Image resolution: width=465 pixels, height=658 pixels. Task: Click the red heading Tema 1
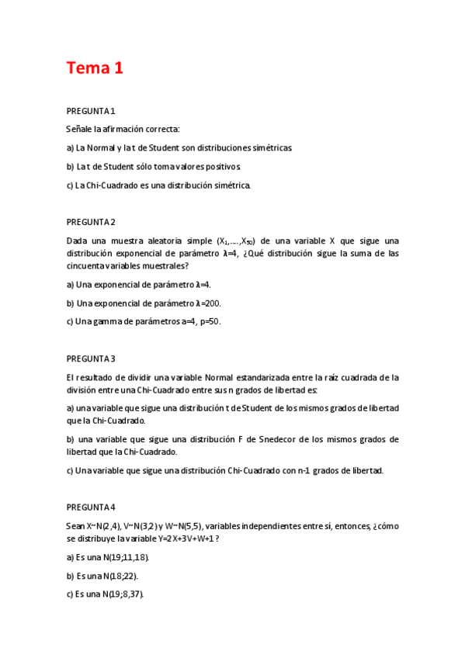pyautogui.click(x=95, y=68)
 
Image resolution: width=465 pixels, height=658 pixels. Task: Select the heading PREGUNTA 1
pyautogui.click(x=91, y=112)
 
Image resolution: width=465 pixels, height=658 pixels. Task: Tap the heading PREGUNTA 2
pyautogui.click(x=91, y=222)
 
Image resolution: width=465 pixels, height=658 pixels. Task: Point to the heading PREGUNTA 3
pyautogui.click(x=91, y=358)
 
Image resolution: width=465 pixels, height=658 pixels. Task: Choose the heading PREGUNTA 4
pyautogui.click(x=91, y=507)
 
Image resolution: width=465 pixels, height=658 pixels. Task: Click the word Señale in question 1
pyautogui.click(x=79, y=129)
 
